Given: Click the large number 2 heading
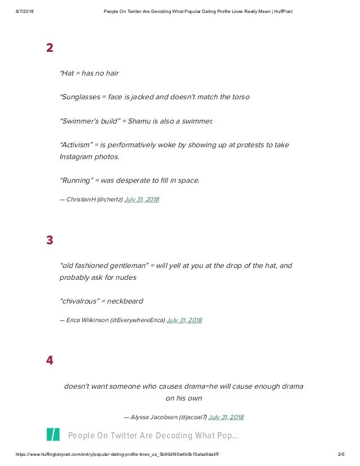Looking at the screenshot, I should pos(50,48).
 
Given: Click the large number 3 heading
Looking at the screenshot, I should pos(50,240).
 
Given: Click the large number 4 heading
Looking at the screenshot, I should pos(50,361).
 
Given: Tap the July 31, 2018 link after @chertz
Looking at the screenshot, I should pos(142,199).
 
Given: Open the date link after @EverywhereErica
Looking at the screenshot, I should pos(184,320).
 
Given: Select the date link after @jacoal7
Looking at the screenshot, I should pos(226,417).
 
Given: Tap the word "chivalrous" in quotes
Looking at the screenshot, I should pos(78,301).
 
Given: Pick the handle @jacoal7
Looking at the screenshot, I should pos(192,417).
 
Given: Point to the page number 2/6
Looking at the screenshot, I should pos(340,454).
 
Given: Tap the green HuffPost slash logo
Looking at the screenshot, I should pos(53,435).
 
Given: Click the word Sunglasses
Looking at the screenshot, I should pos(79,96).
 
